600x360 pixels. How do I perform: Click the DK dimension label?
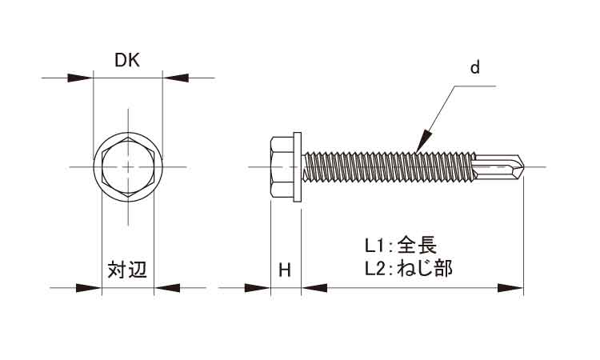click(128, 61)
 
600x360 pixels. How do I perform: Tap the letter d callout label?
click(474, 69)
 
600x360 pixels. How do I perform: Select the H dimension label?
click(284, 270)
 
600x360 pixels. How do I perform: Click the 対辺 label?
click(128, 270)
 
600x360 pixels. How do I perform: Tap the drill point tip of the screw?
click(524, 167)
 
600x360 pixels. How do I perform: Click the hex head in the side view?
click(282, 166)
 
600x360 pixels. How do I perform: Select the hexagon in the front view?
click(128, 166)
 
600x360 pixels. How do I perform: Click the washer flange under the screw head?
click(300, 166)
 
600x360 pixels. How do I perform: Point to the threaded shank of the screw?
click(384, 166)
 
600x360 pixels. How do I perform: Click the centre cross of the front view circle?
click(128, 166)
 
